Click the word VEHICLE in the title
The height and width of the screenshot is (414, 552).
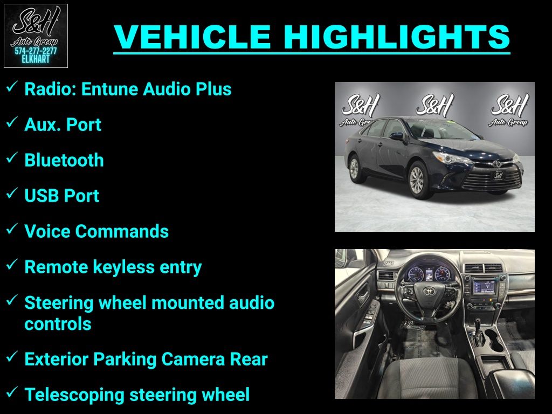tap(192, 37)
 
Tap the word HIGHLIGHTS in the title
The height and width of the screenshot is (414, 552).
tap(397, 37)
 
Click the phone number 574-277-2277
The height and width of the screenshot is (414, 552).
tap(36, 51)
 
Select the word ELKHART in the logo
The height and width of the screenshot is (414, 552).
tap(36, 59)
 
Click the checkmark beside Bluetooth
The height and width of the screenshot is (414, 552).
tap(12, 158)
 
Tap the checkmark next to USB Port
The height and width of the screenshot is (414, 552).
tap(12, 193)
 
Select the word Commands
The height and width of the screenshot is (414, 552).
tap(122, 232)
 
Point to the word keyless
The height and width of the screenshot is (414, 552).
tap(124, 267)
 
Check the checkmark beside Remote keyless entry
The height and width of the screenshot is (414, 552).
tap(12, 264)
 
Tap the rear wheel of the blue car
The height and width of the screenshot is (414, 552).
tap(354, 169)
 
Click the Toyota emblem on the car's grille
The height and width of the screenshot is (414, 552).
tap(496, 164)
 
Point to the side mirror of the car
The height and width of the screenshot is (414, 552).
tap(396, 136)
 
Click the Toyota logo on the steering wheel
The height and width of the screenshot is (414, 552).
tap(429, 291)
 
